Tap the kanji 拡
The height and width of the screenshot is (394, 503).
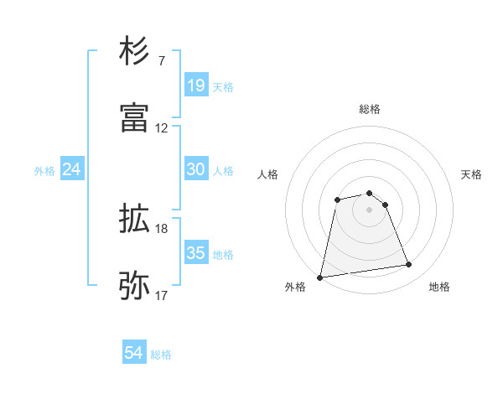(134, 220)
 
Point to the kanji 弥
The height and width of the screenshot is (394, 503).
(134, 286)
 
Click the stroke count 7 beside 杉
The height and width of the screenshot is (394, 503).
(162, 61)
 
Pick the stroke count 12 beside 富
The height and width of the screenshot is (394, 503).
(162, 128)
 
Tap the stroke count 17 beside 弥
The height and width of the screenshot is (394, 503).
(162, 295)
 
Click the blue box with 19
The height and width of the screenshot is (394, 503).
(195, 86)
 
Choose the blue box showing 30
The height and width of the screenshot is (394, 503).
(195, 169)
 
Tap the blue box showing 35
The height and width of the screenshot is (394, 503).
(195, 253)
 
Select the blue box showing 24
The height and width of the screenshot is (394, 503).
(72, 169)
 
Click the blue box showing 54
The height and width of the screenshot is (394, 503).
(134, 354)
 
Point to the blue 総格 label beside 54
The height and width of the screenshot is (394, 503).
(162, 355)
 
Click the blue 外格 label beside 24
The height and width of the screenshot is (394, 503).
(44, 171)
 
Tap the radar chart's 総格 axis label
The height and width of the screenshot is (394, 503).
(370, 109)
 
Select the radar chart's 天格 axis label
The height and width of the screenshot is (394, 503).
(471, 174)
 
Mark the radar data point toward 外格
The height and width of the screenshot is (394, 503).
(320, 277)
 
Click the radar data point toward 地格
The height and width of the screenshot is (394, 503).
(409, 265)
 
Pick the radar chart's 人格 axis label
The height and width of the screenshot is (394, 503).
(268, 174)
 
